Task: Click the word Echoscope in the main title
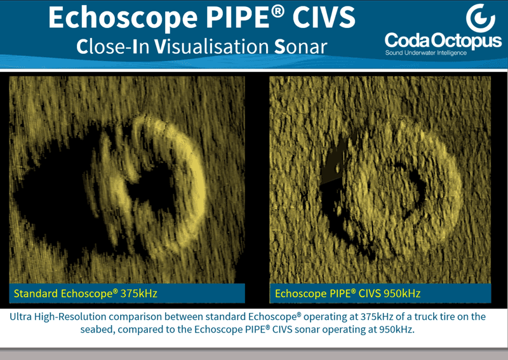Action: [123, 18]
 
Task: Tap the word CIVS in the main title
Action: [324, 17]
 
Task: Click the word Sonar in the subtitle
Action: [300, 46]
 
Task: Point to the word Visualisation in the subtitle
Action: [211, 46]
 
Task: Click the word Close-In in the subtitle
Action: [113, 46]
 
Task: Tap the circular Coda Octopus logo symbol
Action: [481, 18]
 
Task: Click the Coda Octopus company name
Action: [443, 41]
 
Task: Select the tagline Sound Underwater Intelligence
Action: [425, 53]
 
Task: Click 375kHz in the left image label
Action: [138, 293]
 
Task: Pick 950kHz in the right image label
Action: [402, 293]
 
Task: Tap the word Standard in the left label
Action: [36, 293]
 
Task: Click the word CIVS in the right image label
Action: [370, 293]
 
